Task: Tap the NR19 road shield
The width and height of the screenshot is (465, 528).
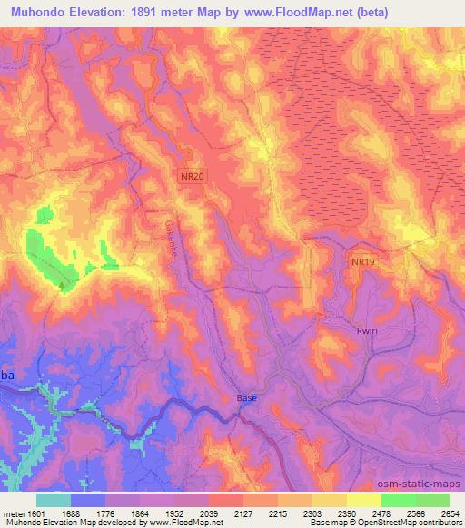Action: pos(362,262)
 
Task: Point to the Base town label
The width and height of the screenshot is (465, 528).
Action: pos(247,397)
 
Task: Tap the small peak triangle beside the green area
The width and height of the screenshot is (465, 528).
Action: pos(62,285)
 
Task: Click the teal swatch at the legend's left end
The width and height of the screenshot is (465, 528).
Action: pos(54,499)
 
